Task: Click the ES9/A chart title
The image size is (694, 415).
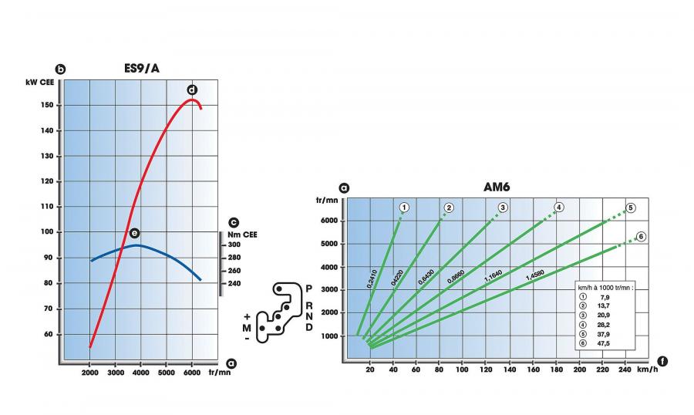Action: pyautogui.click(x=141, y=68)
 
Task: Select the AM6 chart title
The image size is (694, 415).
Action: pyautogui.click(x=497, y=187)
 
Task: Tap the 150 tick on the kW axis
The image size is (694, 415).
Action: pyautogui.click(x=47, y=105)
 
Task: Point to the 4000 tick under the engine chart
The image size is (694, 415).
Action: pyautogui.click(x=141, y=373)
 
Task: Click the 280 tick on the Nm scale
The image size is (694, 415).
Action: pyautogui.click(x=234, y=258)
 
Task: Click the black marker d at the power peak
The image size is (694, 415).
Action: pyautogui.click(x=192, y=90)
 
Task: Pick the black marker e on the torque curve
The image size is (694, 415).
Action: pyautogui.click(x=134, y=233)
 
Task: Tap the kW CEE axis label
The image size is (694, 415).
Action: pyautogui.click(x=40, y=83)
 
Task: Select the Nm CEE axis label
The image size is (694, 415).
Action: pyautogui.click(x=242, y=234)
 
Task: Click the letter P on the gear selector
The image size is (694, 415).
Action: pyautogui.click(x=309, y=288)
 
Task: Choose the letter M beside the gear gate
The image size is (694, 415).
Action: pyautogui.click(x=247, y=328)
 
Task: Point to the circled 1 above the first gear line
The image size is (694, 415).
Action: pyautogui.click(x=403, y=207)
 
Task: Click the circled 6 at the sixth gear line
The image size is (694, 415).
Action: pyautogui.click(x=641, y=237)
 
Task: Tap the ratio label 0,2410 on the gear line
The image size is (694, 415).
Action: pyautogui.click(x=372, y=279)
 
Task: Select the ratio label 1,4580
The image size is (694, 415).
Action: pyautogui.click(x=534, y=275)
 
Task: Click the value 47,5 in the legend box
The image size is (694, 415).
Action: pyautogui.click(x=603, y=343)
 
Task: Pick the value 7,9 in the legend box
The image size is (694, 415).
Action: pyautogui.click(x=605, y=297)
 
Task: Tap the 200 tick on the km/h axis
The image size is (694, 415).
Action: pyautogui.click(x=579, y=369)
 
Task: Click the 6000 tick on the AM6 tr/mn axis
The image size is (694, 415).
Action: pyautogui.click(x=329, y=221)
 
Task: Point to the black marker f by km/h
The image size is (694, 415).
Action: pyautogui.click(x=662, y=362)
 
